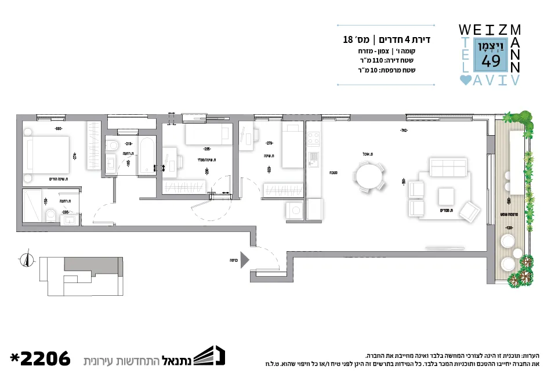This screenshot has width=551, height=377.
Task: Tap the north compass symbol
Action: point(25,260)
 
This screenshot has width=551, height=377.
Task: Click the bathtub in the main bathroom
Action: point(147,155)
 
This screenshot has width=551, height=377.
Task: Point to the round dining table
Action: point(369,176)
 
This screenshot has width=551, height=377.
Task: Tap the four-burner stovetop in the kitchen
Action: point(313,139)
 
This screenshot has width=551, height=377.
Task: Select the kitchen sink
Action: point(313,158)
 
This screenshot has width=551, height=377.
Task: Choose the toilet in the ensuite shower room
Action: point(51,216)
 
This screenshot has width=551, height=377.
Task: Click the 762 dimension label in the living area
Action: point(403,130)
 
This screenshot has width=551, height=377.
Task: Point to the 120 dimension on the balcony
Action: point(509,227)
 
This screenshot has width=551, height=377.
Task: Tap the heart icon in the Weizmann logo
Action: point(465,81)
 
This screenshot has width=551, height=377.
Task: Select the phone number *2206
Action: point(40,358)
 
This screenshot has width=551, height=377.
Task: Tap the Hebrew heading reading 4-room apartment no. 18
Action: point(387,40)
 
